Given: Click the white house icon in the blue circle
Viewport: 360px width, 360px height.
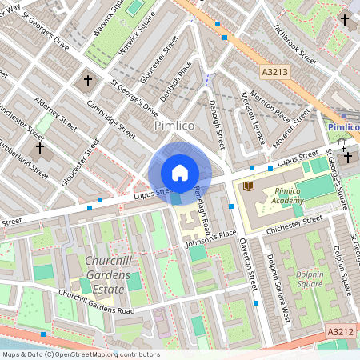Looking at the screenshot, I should (180, 173).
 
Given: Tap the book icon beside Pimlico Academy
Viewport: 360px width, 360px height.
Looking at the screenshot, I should (248, 186).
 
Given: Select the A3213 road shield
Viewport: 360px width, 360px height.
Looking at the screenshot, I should (274, 72).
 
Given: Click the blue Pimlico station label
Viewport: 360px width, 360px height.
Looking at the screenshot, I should (342, 127).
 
